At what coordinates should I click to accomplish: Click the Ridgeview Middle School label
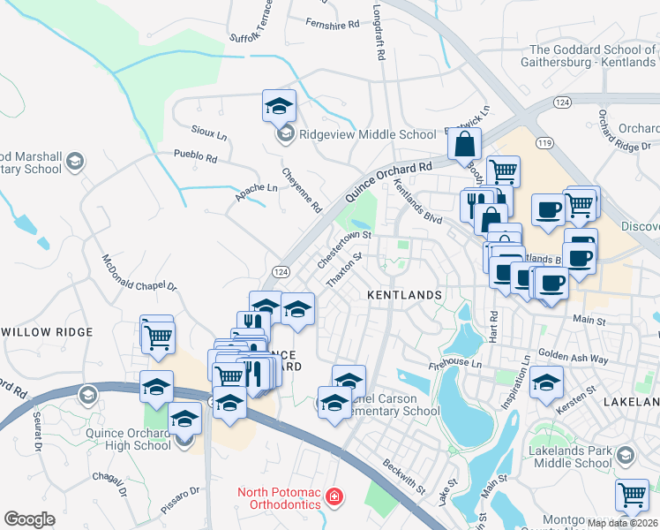pos(368,134)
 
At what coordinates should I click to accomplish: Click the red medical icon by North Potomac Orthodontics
pos(334,496)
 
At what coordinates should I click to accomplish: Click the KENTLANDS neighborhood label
pos(403,293)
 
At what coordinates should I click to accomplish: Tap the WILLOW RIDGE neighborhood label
pos(47,331)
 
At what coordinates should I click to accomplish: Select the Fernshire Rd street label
pos(333,24)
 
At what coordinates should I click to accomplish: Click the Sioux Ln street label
pos(209,132)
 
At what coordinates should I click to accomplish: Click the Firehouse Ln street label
pos(456,363)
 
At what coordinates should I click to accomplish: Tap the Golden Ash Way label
pos(574,359)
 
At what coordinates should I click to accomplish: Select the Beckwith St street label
pos(404,476)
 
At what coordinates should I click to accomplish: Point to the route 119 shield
pos(544,141)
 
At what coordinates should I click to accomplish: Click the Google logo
pos(30,519)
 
